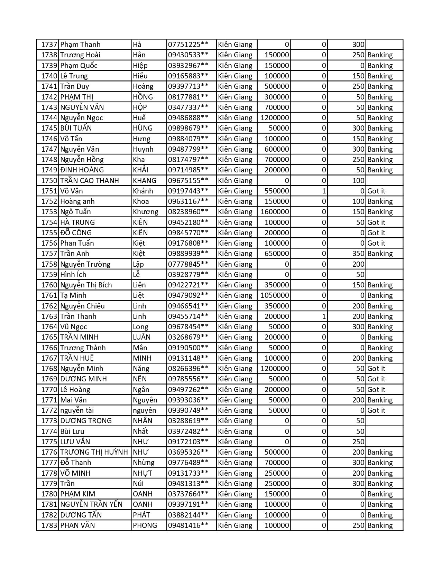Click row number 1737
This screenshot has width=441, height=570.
pos(49,45)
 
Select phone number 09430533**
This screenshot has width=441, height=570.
pos(188,55)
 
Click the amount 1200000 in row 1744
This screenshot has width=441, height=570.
pos(275,118)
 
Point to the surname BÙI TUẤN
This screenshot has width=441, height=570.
pos(76,128)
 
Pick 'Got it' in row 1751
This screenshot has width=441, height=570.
pos(376,191)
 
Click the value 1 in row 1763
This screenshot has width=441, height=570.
pos(324,316)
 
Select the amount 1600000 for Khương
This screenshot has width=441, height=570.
pos(275,212)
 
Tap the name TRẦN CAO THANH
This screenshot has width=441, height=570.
pos(90,181)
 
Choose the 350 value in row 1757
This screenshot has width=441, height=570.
pos(358,254)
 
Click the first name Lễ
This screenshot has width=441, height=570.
pos(137,275)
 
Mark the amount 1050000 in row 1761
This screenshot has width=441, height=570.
pos(275,295)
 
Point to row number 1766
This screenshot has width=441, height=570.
pos(49,348)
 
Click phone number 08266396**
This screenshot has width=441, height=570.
pos(188,369)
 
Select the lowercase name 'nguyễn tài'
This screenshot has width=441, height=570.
pos(77,410)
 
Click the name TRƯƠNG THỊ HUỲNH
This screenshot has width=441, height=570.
pos(94,452)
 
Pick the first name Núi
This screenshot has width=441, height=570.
pos(138,484)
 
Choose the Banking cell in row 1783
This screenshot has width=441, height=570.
pos(380,525)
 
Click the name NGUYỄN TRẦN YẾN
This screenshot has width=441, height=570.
pos(91,504)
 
